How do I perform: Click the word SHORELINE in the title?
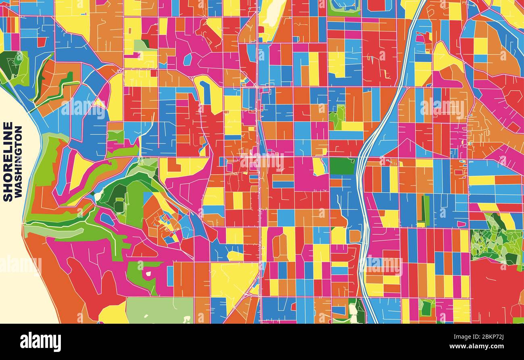pos(8,161)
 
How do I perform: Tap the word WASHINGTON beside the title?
pos(18,161)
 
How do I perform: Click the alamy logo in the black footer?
pos(40,342)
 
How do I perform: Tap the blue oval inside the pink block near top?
pos(188,59)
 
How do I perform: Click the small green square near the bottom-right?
pos(426,308)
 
